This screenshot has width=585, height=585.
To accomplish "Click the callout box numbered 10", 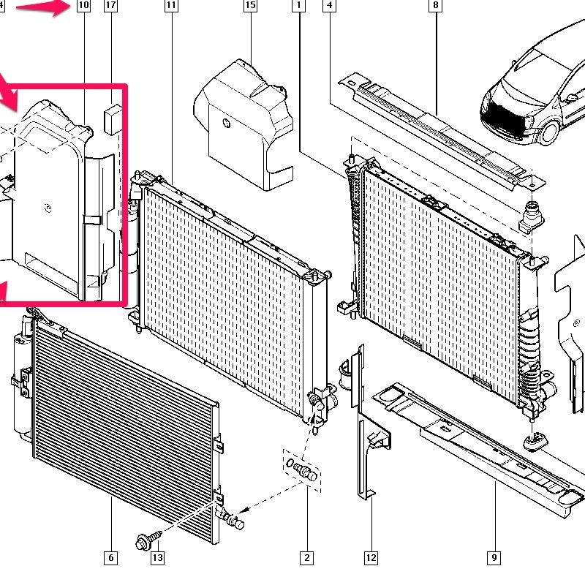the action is click(x=83, y=6).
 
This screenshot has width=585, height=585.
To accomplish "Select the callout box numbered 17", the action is click(x=111, y=6).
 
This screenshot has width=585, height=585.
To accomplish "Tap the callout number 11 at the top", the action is click(x=171, y=6).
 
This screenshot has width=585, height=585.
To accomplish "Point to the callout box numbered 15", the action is click(x=250, y=6).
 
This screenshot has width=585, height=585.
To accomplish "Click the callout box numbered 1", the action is click(x=298, y=6).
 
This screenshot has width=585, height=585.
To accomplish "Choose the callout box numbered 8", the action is click(x=435, y=6).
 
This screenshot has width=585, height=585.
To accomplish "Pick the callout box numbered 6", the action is click(x=111, y=558).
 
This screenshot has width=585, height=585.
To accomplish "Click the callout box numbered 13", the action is click(x=157, y=558).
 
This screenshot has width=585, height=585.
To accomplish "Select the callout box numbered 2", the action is click(x=306, y=558).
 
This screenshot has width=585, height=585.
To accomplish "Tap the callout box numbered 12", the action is click(x=371, y=558).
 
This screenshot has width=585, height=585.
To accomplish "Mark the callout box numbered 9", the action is click(x=494, y=558).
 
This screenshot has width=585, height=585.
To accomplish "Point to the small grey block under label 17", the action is click(x=113, y=119).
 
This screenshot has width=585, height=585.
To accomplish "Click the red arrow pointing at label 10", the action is click(x=42, y=8).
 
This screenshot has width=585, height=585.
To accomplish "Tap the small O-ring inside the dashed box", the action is click(x=290, y=464).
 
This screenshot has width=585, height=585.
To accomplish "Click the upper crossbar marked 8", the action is click(x=442, y=131).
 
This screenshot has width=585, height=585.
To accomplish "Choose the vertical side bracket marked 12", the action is click(x=361, y=422).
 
